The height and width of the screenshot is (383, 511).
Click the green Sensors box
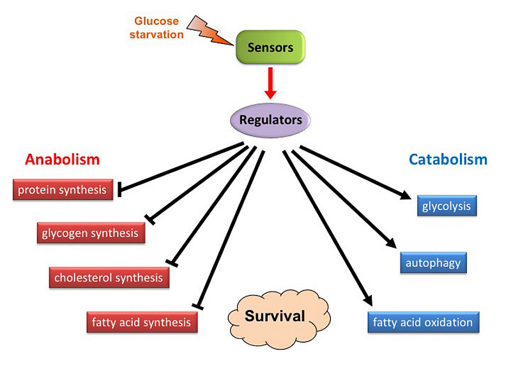click(x=270, y=47)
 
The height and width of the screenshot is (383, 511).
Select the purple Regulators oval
click(x=270, y=119)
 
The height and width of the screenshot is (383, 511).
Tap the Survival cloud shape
click(x=275, y=315)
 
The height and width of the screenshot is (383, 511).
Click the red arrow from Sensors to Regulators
click(x=270, y=84)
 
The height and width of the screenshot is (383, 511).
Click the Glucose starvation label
click(x=156, y=28)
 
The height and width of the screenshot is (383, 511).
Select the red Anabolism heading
click(x=63, y=160)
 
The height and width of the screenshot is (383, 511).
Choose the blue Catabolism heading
click(x=448, y=160)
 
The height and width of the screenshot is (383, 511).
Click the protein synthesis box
click(x=63, y=190)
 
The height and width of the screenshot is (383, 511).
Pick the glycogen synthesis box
click(x=90, y=233)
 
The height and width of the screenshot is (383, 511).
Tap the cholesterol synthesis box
click(x=109, y=278)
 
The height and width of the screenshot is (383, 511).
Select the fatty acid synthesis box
click(x=141, y=322)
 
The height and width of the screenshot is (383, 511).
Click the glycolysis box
click(x=446, y=206)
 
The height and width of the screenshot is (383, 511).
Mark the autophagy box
click(x=433, y=262)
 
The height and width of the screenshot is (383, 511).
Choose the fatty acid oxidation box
click(x=423, y=322)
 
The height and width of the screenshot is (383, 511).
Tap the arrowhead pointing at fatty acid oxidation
click(x=367, y=300)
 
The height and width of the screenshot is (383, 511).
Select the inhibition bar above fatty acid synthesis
click(x=198, y=306)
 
